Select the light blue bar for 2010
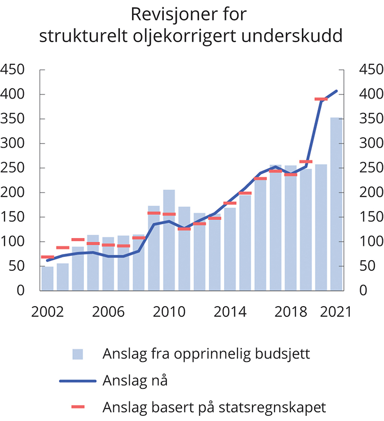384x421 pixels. [x=169, y=240]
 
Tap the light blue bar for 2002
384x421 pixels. [x=48, y=278]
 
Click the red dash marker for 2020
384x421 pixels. [x=321, y=99]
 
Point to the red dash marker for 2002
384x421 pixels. [x=48, y=257]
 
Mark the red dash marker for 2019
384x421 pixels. [x=306, y=162]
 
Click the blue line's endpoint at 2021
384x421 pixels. [x=336, y=91]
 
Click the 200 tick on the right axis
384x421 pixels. [x=371, y=192]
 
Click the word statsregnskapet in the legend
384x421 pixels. [x=278, y=408]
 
